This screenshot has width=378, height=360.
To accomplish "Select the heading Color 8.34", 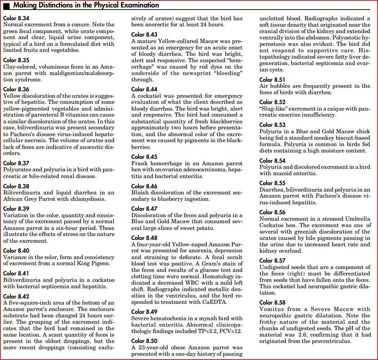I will point(16,18).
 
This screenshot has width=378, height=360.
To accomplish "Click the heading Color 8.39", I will point(16,209).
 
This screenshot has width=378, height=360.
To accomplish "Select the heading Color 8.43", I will point(144,34).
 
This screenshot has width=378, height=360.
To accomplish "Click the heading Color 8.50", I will point(144,341).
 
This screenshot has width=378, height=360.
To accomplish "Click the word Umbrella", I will point(358,219).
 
